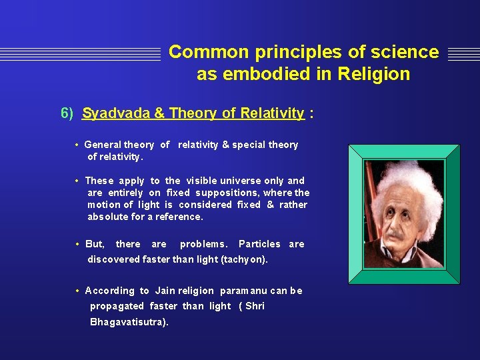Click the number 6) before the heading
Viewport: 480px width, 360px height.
coord(67,113)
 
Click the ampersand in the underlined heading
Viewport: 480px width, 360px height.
coord(159,113)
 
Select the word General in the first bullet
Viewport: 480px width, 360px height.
coord(102,145)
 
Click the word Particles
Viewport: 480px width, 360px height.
coord(259,244)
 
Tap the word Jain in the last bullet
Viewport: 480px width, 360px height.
coord(165,291)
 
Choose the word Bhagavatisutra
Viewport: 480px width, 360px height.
coord(129,322)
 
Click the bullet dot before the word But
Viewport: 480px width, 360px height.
coord(78,244)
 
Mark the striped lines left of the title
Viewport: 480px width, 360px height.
coord(80,53)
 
